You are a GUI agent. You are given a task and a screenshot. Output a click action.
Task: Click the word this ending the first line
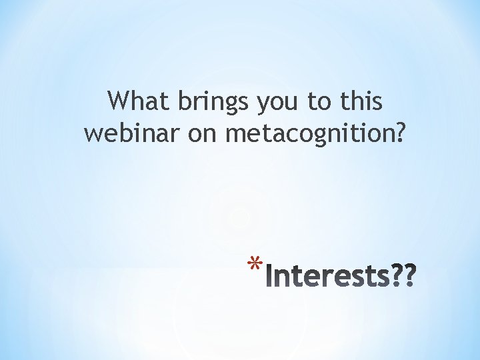(x=361, y=101)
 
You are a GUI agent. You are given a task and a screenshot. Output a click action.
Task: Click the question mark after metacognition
(x=399, y=132)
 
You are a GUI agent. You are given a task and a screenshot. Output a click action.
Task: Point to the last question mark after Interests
(x=409, y=277)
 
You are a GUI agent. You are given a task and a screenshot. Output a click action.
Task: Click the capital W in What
(x=119, y=101)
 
